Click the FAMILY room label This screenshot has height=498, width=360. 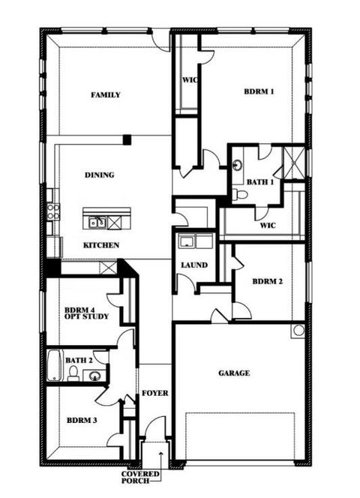[x=106, y=95]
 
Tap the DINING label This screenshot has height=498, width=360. [x=99, y=175]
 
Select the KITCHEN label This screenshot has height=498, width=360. [x=100, y=245]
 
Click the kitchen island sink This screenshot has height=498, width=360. [x=97, y=222]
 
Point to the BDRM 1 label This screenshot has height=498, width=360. [x=259, y=92]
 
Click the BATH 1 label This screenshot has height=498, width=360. [x=260, y=181]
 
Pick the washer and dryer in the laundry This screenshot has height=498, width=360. [x=193, y=241]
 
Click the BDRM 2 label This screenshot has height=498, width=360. [x=267, y=282]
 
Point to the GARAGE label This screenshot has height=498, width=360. [x=234, y=373]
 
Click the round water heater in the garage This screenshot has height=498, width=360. [x=298, y=330]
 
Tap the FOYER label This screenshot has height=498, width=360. [x=154, y=393]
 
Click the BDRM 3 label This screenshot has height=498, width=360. [x=81, y=420]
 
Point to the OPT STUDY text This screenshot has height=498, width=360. [x=86, y=317]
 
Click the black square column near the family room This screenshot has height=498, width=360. [x=127, y=139]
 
